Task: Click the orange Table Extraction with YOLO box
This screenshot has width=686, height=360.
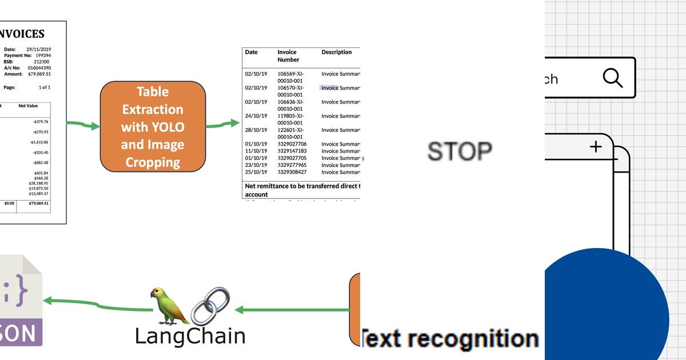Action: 153,126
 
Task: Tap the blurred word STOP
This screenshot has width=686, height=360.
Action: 460,151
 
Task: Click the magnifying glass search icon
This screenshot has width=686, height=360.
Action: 612,78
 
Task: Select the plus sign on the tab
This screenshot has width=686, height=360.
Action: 596,147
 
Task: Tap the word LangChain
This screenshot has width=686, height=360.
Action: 190,335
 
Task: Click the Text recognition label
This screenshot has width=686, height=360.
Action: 450,338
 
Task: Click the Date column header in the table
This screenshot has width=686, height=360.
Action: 252,52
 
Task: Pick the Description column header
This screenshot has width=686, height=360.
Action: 337,52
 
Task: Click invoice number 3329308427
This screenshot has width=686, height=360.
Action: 292,172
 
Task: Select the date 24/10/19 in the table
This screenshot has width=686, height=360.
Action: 256,116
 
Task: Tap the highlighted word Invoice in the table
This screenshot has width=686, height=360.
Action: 330,88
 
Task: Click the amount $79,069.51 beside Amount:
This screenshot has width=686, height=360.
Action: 39,74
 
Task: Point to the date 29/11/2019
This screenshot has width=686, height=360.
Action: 38,50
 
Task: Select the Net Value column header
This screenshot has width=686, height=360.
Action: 28,106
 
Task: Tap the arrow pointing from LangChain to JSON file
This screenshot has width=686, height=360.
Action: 97,304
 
